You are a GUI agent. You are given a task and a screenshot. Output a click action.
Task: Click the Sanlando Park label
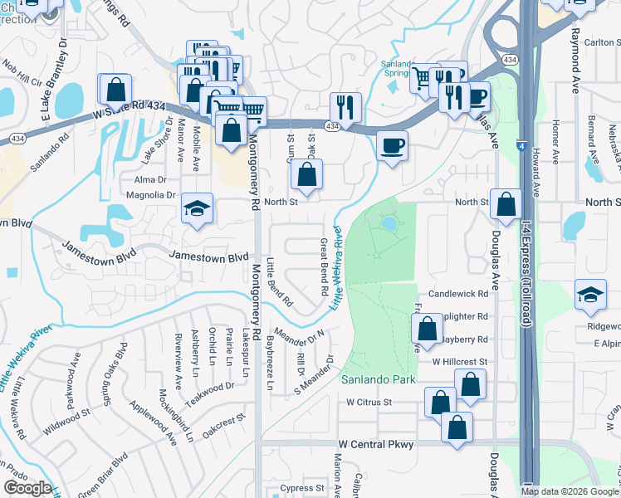378,379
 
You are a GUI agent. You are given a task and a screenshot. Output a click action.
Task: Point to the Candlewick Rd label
458,295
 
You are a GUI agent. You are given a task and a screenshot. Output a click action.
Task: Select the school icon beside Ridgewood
589,295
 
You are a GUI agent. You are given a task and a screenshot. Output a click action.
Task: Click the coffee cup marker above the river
392,145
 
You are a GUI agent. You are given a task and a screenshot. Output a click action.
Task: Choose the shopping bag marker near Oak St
306,174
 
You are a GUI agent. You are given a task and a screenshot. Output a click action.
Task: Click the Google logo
27,488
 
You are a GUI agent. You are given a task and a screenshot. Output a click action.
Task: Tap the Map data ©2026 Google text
570,491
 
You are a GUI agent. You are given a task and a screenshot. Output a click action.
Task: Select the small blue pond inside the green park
389,222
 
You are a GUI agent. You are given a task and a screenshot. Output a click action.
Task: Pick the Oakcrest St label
225,417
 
